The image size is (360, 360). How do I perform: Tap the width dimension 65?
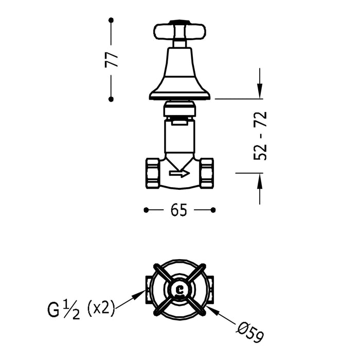pyautogui.click(x=180, y=210)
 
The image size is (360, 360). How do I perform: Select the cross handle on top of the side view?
pyautogui.click(x=179, y=31)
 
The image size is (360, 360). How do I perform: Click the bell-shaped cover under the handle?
pyautogui.click(x=179, y=75)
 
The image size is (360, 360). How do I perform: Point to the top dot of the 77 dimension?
pyautogui.click(x=111, y=20)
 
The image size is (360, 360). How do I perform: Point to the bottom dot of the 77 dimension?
pyautogui.click(x=111, y=99)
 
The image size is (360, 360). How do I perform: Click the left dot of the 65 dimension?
pyautogui.click(x=146, y=210)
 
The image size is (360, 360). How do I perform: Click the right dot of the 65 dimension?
pyautogui.click(x=214, y=210)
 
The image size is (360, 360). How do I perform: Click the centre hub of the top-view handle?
pyautogui.click(x=179, y=289)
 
